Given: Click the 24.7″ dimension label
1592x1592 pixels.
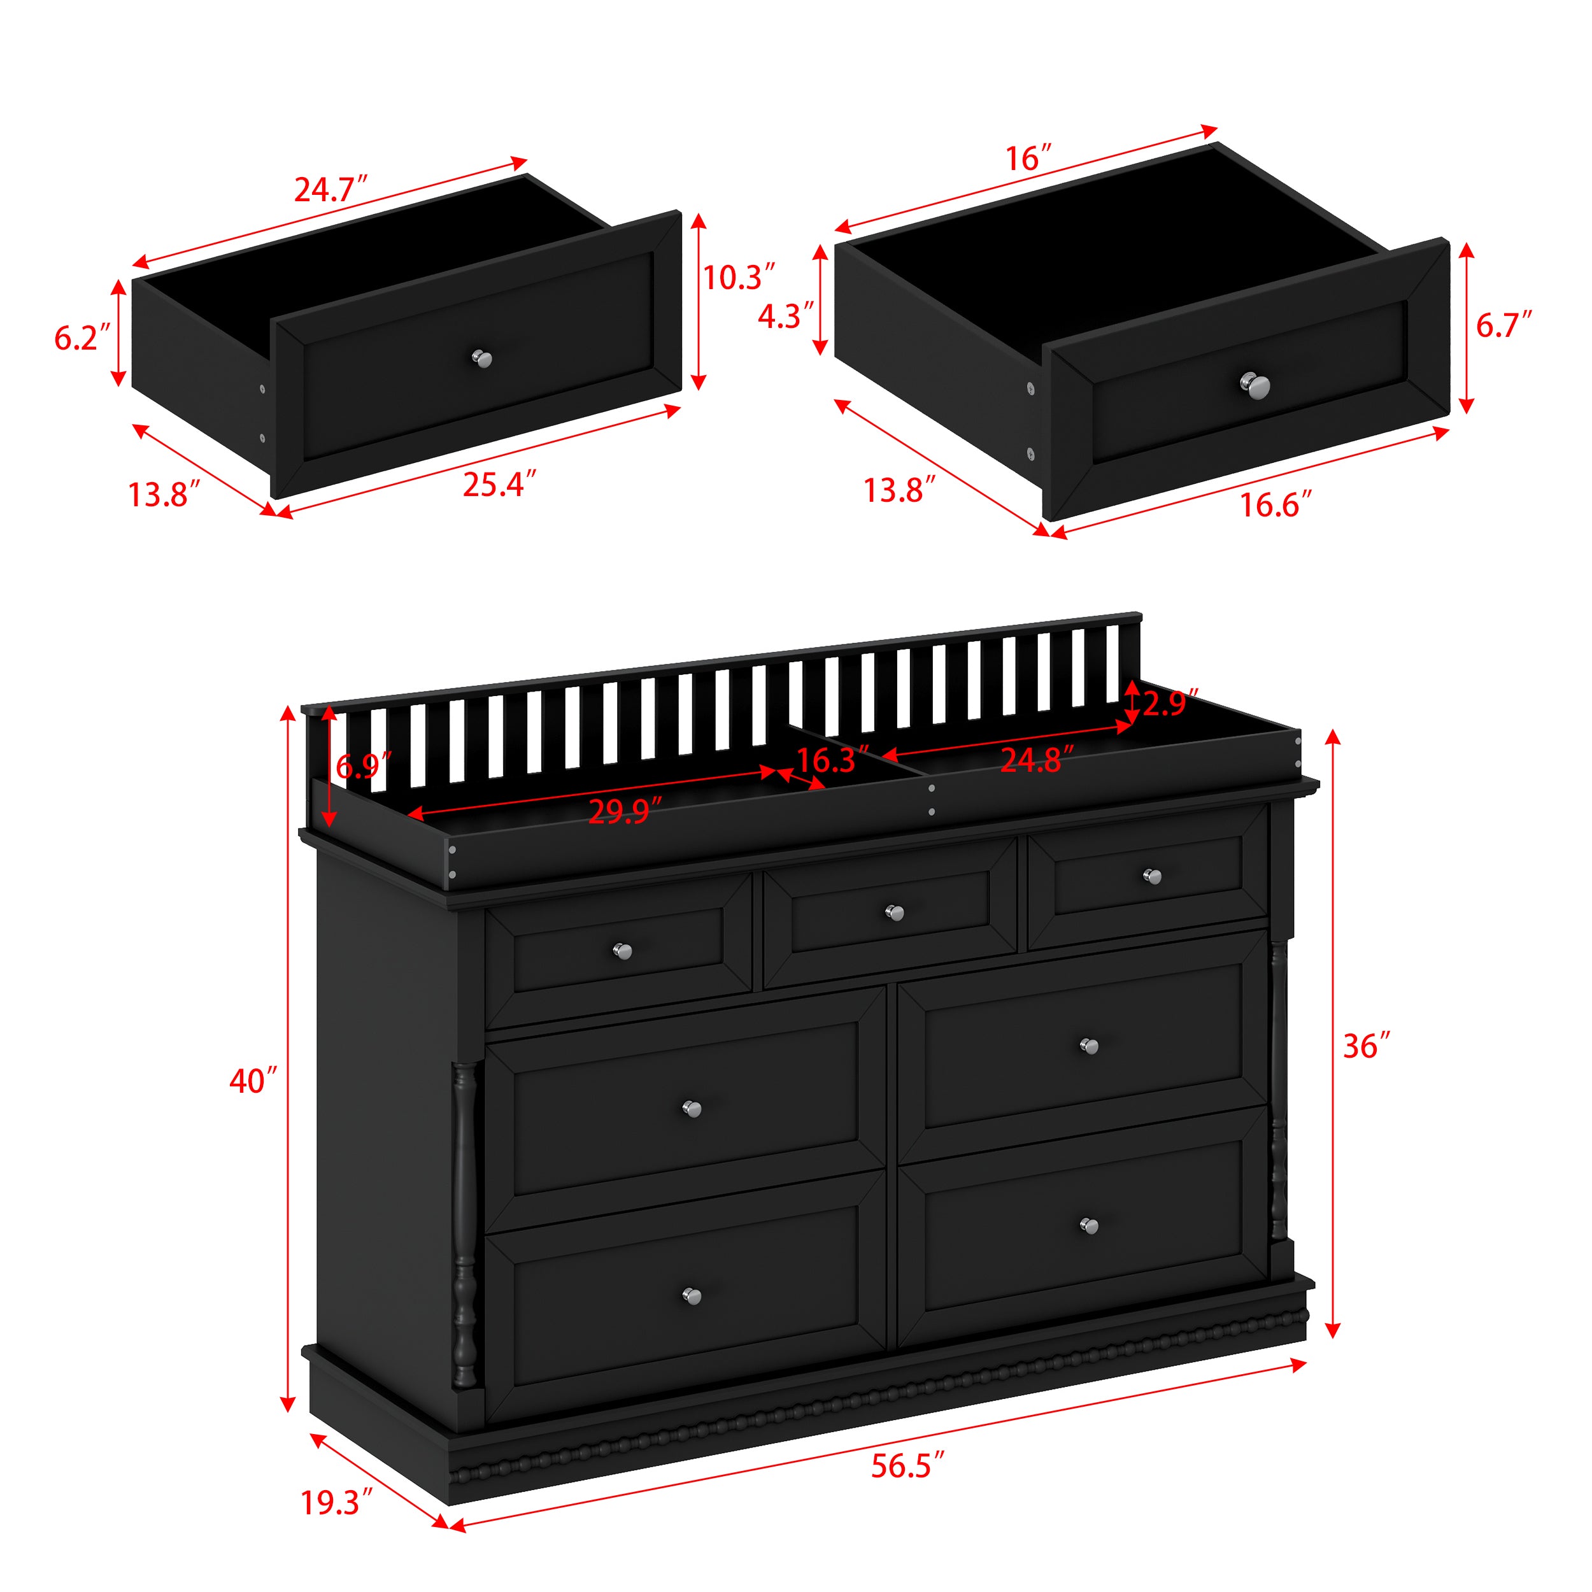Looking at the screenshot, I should pos(330,190).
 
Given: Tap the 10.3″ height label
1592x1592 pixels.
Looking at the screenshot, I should pos(738,278).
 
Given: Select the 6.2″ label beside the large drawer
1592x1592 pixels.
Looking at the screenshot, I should pos(82,338).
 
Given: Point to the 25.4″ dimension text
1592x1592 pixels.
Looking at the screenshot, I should pos(499,485).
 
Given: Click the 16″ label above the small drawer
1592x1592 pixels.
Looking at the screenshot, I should pos(1028,158).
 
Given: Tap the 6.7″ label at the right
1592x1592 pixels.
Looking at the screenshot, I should pos(1503,325).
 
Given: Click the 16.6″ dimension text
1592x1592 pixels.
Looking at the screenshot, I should pos(1276,505).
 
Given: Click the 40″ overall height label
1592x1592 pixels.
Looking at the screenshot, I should pos(253,1081).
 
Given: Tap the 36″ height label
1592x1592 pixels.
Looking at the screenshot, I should pos(1366,1046).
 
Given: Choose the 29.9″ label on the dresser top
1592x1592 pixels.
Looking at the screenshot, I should pos(625,812).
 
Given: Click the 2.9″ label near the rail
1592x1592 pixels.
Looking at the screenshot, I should pos(1169,703).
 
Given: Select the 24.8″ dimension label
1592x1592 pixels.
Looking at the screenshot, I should pos(1037,760).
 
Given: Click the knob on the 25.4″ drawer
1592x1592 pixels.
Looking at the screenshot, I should pos(482,359).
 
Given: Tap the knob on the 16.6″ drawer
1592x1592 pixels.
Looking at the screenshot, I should pos(1255,386).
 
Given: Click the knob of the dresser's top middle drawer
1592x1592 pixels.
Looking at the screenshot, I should pos(894,912).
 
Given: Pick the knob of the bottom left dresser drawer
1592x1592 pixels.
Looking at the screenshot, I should pos(692,1296).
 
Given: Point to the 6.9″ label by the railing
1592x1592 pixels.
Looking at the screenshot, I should pos(362,766).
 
